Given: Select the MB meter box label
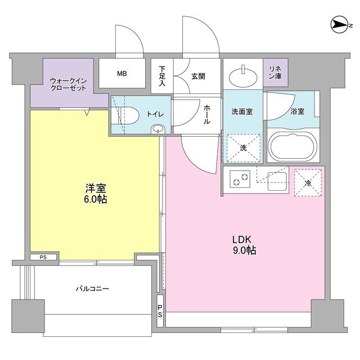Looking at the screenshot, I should pos(122,73).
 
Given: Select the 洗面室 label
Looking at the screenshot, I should pos(241,111).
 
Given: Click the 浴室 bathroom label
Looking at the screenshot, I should pos(297,111).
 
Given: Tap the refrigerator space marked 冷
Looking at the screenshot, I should pos(307,182).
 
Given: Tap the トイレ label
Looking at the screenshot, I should pos(155,114).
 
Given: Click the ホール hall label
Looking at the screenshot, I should pos(206,114).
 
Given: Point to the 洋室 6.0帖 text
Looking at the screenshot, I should pos(96,193).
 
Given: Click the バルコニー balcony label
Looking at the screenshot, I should pos(92,289).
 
